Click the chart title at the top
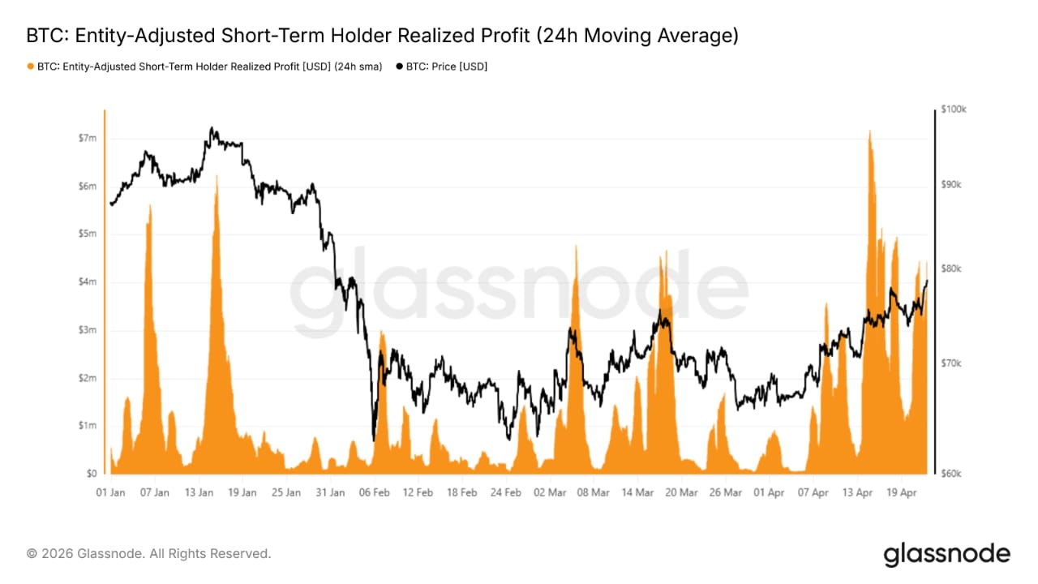coord(382,36)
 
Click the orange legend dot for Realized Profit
coord(31,67)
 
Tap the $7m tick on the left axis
coord(86,139)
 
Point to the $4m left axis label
coord(86,282)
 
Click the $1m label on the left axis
coord(86,426)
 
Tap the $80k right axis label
coord(951,268)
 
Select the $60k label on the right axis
coord(951,474)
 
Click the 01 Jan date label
coord(110,492)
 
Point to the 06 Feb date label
coord(374,492)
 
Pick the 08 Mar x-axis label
coord(594,492)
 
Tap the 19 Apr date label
coord(901,492)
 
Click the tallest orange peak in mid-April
coord(869,131)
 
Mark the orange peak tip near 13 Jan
coord(217,176)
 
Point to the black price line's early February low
coord(373,440)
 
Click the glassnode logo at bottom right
coord(946,555)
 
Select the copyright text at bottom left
coord(149,554)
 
